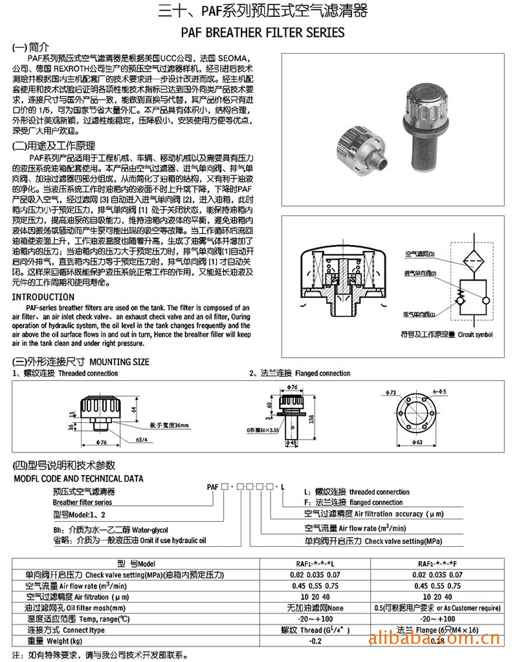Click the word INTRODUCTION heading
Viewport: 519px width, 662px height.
click(43, 297)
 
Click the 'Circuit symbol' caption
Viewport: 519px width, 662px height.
click(475, 335)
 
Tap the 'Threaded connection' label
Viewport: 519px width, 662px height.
click(88, 373)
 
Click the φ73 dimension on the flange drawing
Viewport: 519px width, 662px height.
click(390, 392)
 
